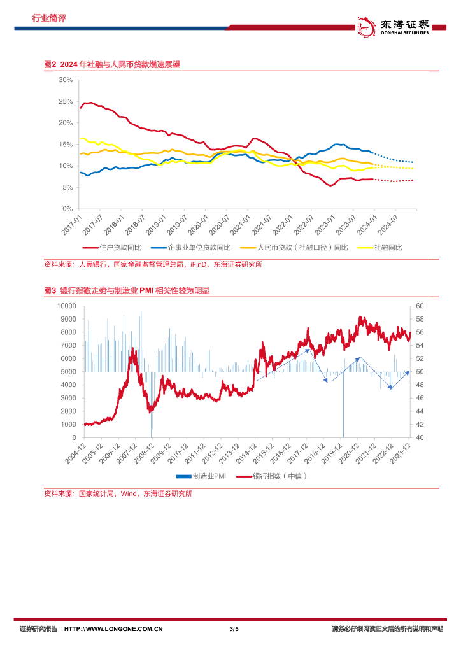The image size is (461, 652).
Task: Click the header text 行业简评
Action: [49, 18]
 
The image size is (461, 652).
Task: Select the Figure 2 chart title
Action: [111, 64]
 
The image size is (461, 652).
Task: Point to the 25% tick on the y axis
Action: [66, 101]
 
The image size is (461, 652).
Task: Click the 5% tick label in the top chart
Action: [67, 187]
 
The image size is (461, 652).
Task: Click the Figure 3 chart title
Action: [127, 290]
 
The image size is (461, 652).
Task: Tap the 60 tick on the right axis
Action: [419, 306]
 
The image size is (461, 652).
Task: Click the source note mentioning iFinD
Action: [153, 264]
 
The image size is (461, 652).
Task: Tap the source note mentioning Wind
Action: [118, 493]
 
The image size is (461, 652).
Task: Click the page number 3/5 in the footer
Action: [234, 629]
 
